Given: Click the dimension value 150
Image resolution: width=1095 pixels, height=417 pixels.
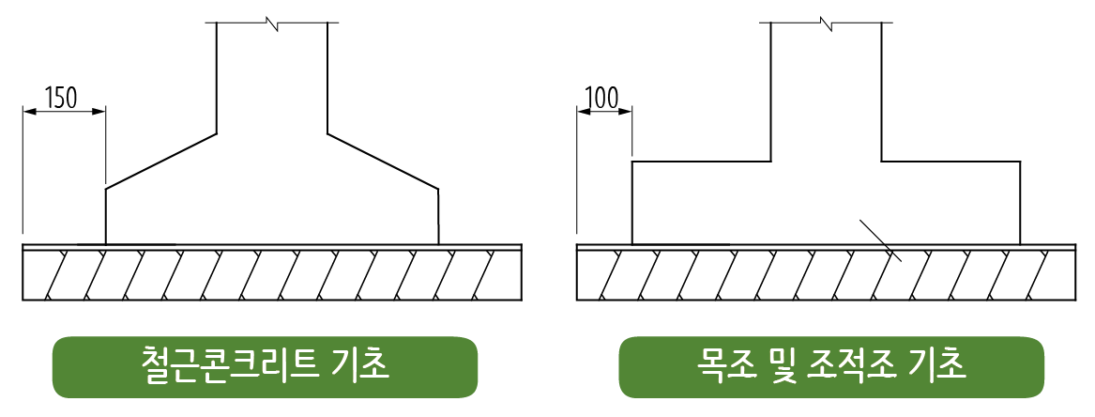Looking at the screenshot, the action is [61, 97].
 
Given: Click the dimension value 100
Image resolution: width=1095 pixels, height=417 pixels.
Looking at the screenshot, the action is [602, 97].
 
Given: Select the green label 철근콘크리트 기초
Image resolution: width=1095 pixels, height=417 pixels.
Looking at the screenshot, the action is [265, 366].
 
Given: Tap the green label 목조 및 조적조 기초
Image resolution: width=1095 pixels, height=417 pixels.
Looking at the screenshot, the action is [830, 366].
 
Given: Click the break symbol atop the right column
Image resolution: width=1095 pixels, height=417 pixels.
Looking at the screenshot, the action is [827, 23].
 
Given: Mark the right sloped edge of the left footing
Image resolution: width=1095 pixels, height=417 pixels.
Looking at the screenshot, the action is [383, 160].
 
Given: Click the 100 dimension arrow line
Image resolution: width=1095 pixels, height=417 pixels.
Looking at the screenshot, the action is [604, 111].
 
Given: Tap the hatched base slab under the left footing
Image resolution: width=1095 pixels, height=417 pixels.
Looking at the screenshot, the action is [272, 275].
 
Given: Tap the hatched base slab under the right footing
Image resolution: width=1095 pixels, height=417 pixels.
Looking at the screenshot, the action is [826, 275].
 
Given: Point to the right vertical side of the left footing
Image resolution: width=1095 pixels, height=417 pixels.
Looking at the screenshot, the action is [438, 216].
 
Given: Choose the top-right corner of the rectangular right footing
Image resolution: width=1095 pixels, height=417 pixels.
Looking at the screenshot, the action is [1020, 162].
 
